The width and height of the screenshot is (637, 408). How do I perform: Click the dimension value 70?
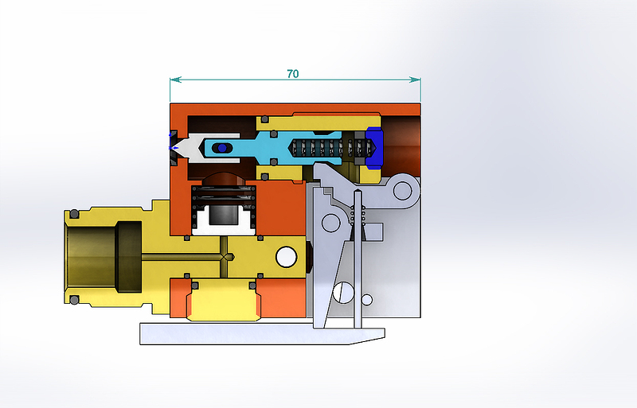point(292,74)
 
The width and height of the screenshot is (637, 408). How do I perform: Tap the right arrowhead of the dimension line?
point(415,80)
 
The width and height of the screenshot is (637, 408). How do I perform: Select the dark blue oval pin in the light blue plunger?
point(222,148)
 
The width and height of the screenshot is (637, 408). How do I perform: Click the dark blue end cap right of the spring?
point(374,148)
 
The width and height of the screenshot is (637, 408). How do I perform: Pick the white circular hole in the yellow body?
point(287,257)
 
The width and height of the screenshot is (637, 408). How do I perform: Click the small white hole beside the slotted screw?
point(367,300)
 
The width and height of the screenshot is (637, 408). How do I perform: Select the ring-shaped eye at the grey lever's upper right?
point(402,190)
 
